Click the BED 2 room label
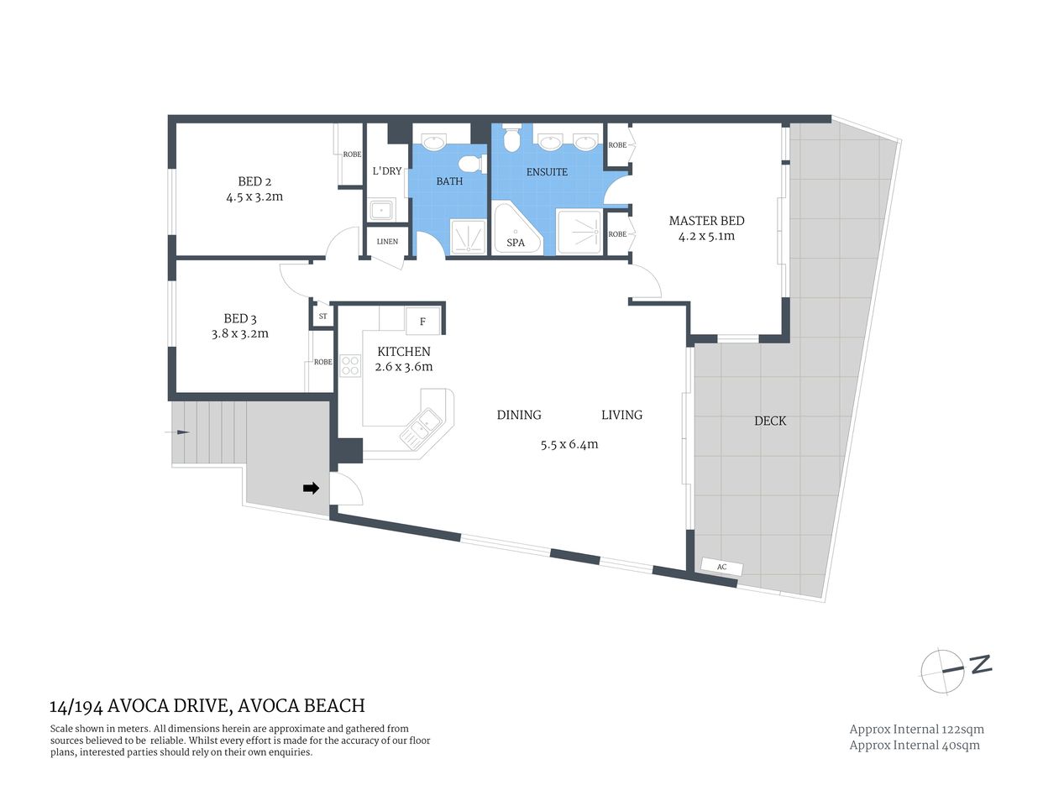pyautogui.click(x=254, y=181)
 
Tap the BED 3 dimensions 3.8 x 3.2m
pyautogui.click(x=240, y=333)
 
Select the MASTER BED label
pyautogui.click(x=706, y=221)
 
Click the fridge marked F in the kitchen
pyautogui.click(x=423, y=322)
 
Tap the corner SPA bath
pyautogui.click(x=515, y=232)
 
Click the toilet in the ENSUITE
pyautogui.click(x=511, y=138)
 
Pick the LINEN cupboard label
pyautogui.click(x=387, y=242)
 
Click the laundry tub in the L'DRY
pyautogui.click(x=381, y=210)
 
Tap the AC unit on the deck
pyautogui.click(x=721, y=568)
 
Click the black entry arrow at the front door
pyautogui.click(x=311, y=488)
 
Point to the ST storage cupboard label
pyautogui.click(x=322, y=317)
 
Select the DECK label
pyautogui.click(x=770, y=421)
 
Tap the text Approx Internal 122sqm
pyautogui.click(x=916, y=730)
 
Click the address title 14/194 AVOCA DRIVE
pyautogui.click(x=207, y=706)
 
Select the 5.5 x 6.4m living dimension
pyautogui.click(x=569, y=444)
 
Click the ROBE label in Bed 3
pyautogui.click(x=322, y=362)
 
